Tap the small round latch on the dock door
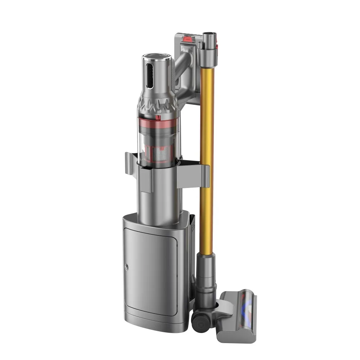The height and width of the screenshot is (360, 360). tap(126, 267)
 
